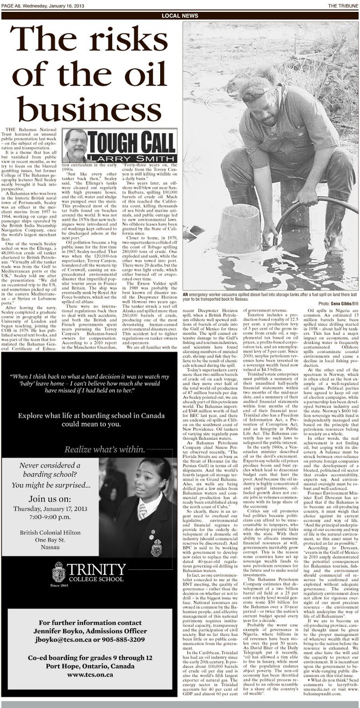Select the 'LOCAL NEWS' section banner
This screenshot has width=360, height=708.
point(179,16)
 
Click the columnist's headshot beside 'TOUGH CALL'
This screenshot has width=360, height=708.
point(75,145)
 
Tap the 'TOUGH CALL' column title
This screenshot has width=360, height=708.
point(132,143)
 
